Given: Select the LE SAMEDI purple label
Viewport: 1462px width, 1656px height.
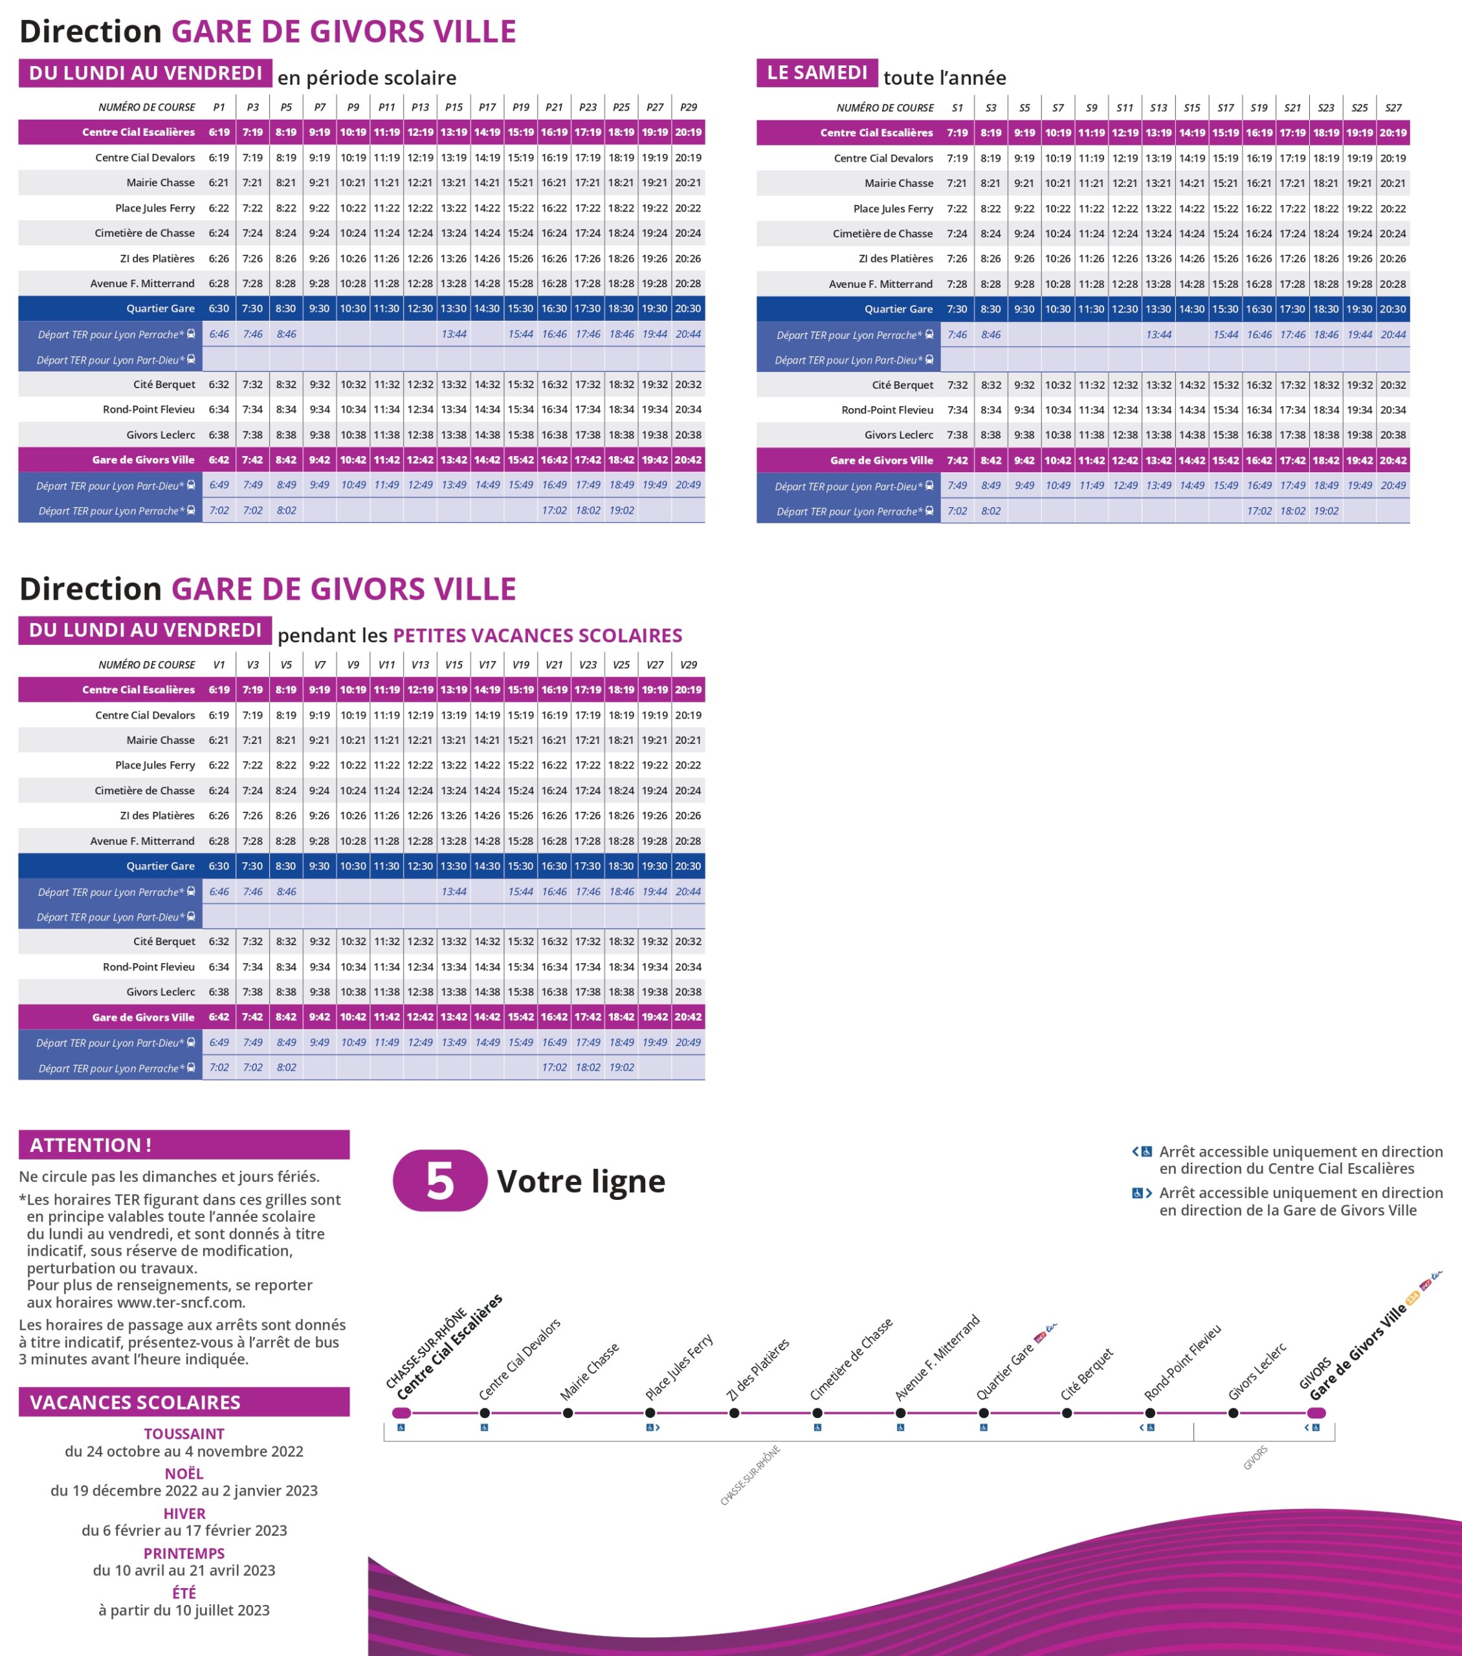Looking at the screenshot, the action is pyautogui.click(x=817, y=73).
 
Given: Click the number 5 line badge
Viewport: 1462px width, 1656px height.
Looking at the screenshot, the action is pyautogui.click(x=440, y=1181).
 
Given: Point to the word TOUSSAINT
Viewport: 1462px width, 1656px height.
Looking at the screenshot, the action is pyautogui.click(x=184, y=1434).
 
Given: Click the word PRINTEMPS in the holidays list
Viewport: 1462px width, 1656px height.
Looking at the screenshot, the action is pyautogui.click(x=184, y=1553).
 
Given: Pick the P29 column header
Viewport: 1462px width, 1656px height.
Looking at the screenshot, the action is pyautogui.click(x=688, y=107).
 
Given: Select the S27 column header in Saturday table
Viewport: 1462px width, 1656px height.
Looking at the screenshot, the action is pyautogui.click(x=1393, y=108).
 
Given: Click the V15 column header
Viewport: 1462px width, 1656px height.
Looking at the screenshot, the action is pyautogui.click(x=454, y=664).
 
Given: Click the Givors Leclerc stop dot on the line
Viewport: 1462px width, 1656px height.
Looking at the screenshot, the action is pyautogui.click(x=1233, y=1413).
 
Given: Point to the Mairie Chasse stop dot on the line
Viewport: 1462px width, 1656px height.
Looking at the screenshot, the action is pyautogui.click(x=568, y=1413).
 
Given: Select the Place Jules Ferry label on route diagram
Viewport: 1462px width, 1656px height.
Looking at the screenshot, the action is pyautogui.click(x=679, y=1367).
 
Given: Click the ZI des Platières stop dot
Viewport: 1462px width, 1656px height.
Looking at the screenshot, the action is pyautogui.click(x=735, y=1413).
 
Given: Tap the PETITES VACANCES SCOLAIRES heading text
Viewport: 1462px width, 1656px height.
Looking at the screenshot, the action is pyautogui.click(x=537, y=635).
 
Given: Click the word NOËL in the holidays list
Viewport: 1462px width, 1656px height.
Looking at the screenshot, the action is pyautogui.click(x=184, y=1474).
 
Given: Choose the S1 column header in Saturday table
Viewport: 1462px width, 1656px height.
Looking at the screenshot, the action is pyautogui.click(x=957, y=108).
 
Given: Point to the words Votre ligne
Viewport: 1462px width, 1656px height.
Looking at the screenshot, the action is pyautogui.click(x=581, y=1181).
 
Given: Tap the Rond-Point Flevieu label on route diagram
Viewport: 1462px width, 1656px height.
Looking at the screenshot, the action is pyautogui.click(x=1182, y=1364).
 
